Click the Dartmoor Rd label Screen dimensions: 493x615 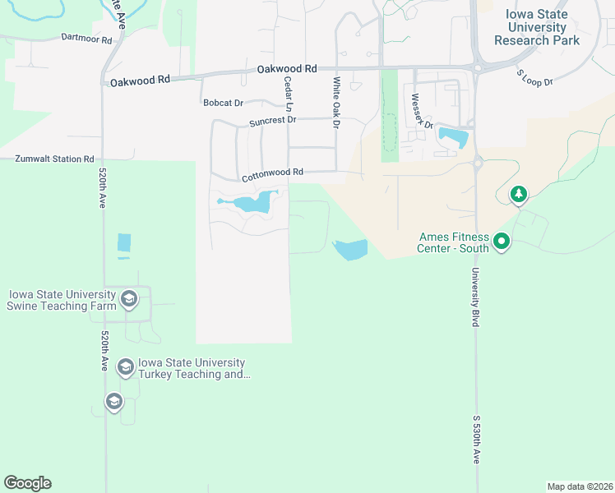87,38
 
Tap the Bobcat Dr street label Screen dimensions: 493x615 224,103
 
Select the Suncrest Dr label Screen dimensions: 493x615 272,120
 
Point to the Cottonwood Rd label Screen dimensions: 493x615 272,174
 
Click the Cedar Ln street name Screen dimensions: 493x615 288,94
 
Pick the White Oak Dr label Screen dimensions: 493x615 336,103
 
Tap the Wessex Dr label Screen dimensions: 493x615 422,106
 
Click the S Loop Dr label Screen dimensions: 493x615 534,77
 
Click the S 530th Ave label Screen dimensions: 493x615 476,440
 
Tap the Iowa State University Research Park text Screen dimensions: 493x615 536,28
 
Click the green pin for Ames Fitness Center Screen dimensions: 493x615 502,242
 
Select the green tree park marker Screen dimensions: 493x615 518,195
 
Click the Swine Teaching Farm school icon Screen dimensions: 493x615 128,298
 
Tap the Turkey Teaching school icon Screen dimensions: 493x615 126,366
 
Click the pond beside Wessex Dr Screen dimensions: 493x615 453,137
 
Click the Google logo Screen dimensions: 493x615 27,483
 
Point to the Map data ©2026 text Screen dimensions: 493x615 580,486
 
